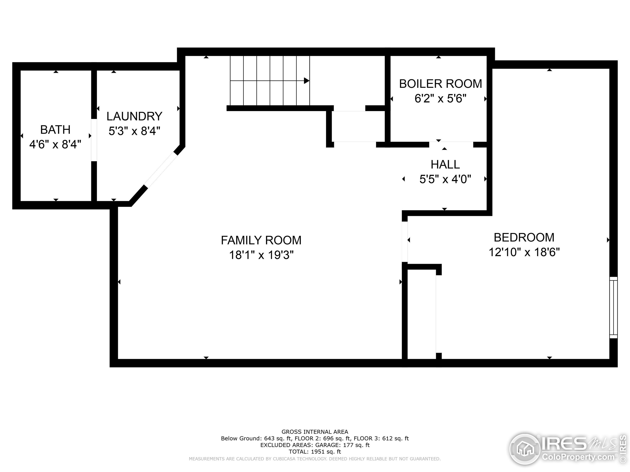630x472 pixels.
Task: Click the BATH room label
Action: (x=55, y=130)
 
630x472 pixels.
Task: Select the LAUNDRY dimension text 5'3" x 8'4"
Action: (x=134, y=131)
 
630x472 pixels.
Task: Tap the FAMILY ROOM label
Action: (x=261, y=240)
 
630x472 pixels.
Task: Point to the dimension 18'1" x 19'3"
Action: (x=261, y=255)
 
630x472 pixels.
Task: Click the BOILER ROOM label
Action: (x=440, y=84)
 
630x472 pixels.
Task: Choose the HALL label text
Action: (x=445, y=164)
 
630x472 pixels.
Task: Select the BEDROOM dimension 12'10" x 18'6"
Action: (x=524, y=252)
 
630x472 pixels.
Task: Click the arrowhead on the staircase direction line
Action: (x=306, y=81)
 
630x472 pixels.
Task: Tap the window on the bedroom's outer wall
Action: (x=613, y=307)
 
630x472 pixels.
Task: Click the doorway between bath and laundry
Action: (x=94, y=140)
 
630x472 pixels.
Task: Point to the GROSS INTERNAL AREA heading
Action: (x=315, y=432)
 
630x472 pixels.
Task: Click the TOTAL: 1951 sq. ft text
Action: (x=315, y=452)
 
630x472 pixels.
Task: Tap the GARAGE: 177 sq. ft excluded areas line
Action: (x=315, y=445)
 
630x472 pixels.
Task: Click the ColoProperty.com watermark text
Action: (x=578, y=457)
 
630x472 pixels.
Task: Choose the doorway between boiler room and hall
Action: (x=451, y=145)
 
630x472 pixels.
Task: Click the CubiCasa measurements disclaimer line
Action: (x=315, y=459)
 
